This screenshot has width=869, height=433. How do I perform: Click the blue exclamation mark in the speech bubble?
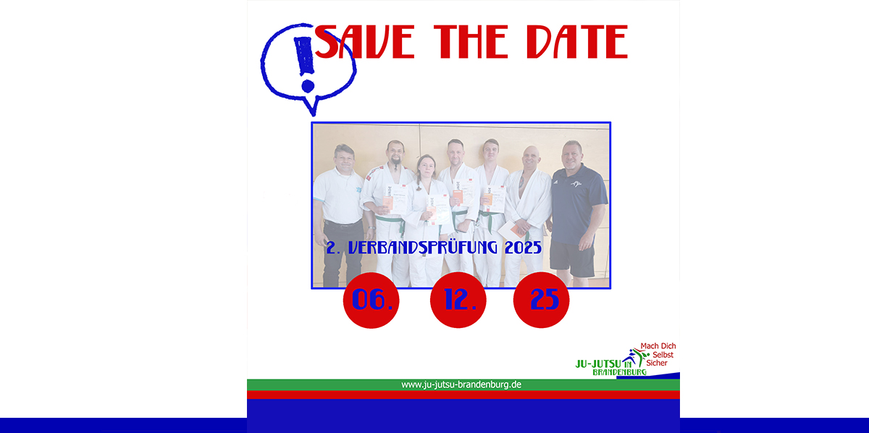pos(306,64)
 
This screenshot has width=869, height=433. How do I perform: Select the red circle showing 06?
pos(371,300)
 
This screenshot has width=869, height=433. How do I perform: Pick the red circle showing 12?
pos(458,300)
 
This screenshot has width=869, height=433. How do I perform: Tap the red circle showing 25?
pos(541,300)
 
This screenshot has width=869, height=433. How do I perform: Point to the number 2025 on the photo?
pos(523,248)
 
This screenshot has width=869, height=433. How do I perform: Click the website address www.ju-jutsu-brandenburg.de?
pos(461,384)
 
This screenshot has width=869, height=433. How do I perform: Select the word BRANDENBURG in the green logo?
pos(620,372)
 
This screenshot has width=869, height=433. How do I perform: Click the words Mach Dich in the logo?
pos(658,345)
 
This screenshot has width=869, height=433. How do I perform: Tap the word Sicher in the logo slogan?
pos(657,363)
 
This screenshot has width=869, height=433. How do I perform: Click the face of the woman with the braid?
pos(427,167)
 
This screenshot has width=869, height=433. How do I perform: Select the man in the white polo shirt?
pos(340,215)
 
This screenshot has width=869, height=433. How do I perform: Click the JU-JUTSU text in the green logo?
pos(598,364)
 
